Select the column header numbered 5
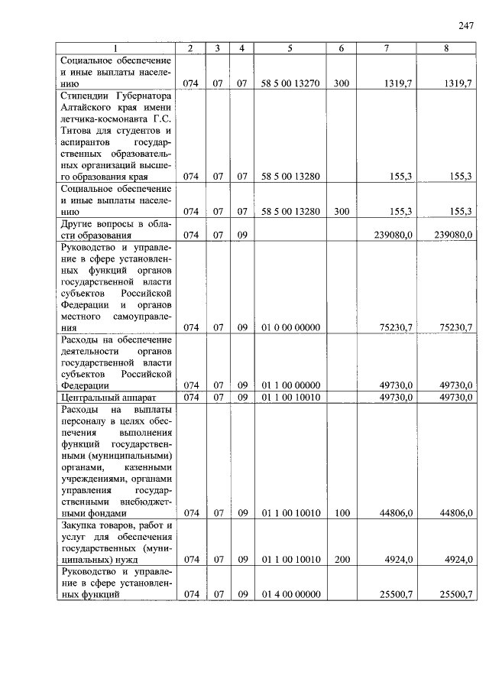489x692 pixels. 290,48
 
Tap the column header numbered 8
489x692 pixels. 445,48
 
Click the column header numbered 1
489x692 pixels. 116,48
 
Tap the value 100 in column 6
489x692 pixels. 342,513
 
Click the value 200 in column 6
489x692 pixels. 342,560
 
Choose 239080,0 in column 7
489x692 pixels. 396,235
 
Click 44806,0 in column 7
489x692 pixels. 396,513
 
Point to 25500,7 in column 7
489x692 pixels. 396,594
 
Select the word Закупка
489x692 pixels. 80,525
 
